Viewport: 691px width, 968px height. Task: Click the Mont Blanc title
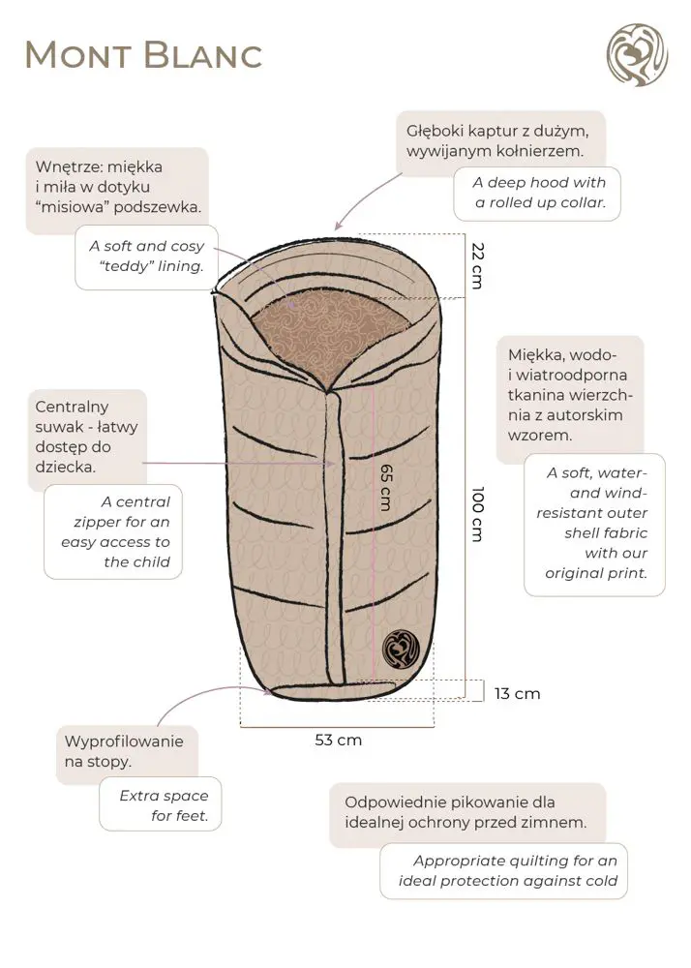coord(143,54)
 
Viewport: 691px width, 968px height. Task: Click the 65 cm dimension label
coord(384,485)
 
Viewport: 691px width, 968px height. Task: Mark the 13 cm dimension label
coord(517,693)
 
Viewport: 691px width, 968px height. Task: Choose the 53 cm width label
coord(338,740)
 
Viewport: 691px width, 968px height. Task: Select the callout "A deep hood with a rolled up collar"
coord(537,193)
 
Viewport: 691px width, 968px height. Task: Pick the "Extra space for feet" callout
coord(163,805)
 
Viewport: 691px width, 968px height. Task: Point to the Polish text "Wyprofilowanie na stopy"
coord(123,751)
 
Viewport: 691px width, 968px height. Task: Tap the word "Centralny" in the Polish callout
coord(72,407)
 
